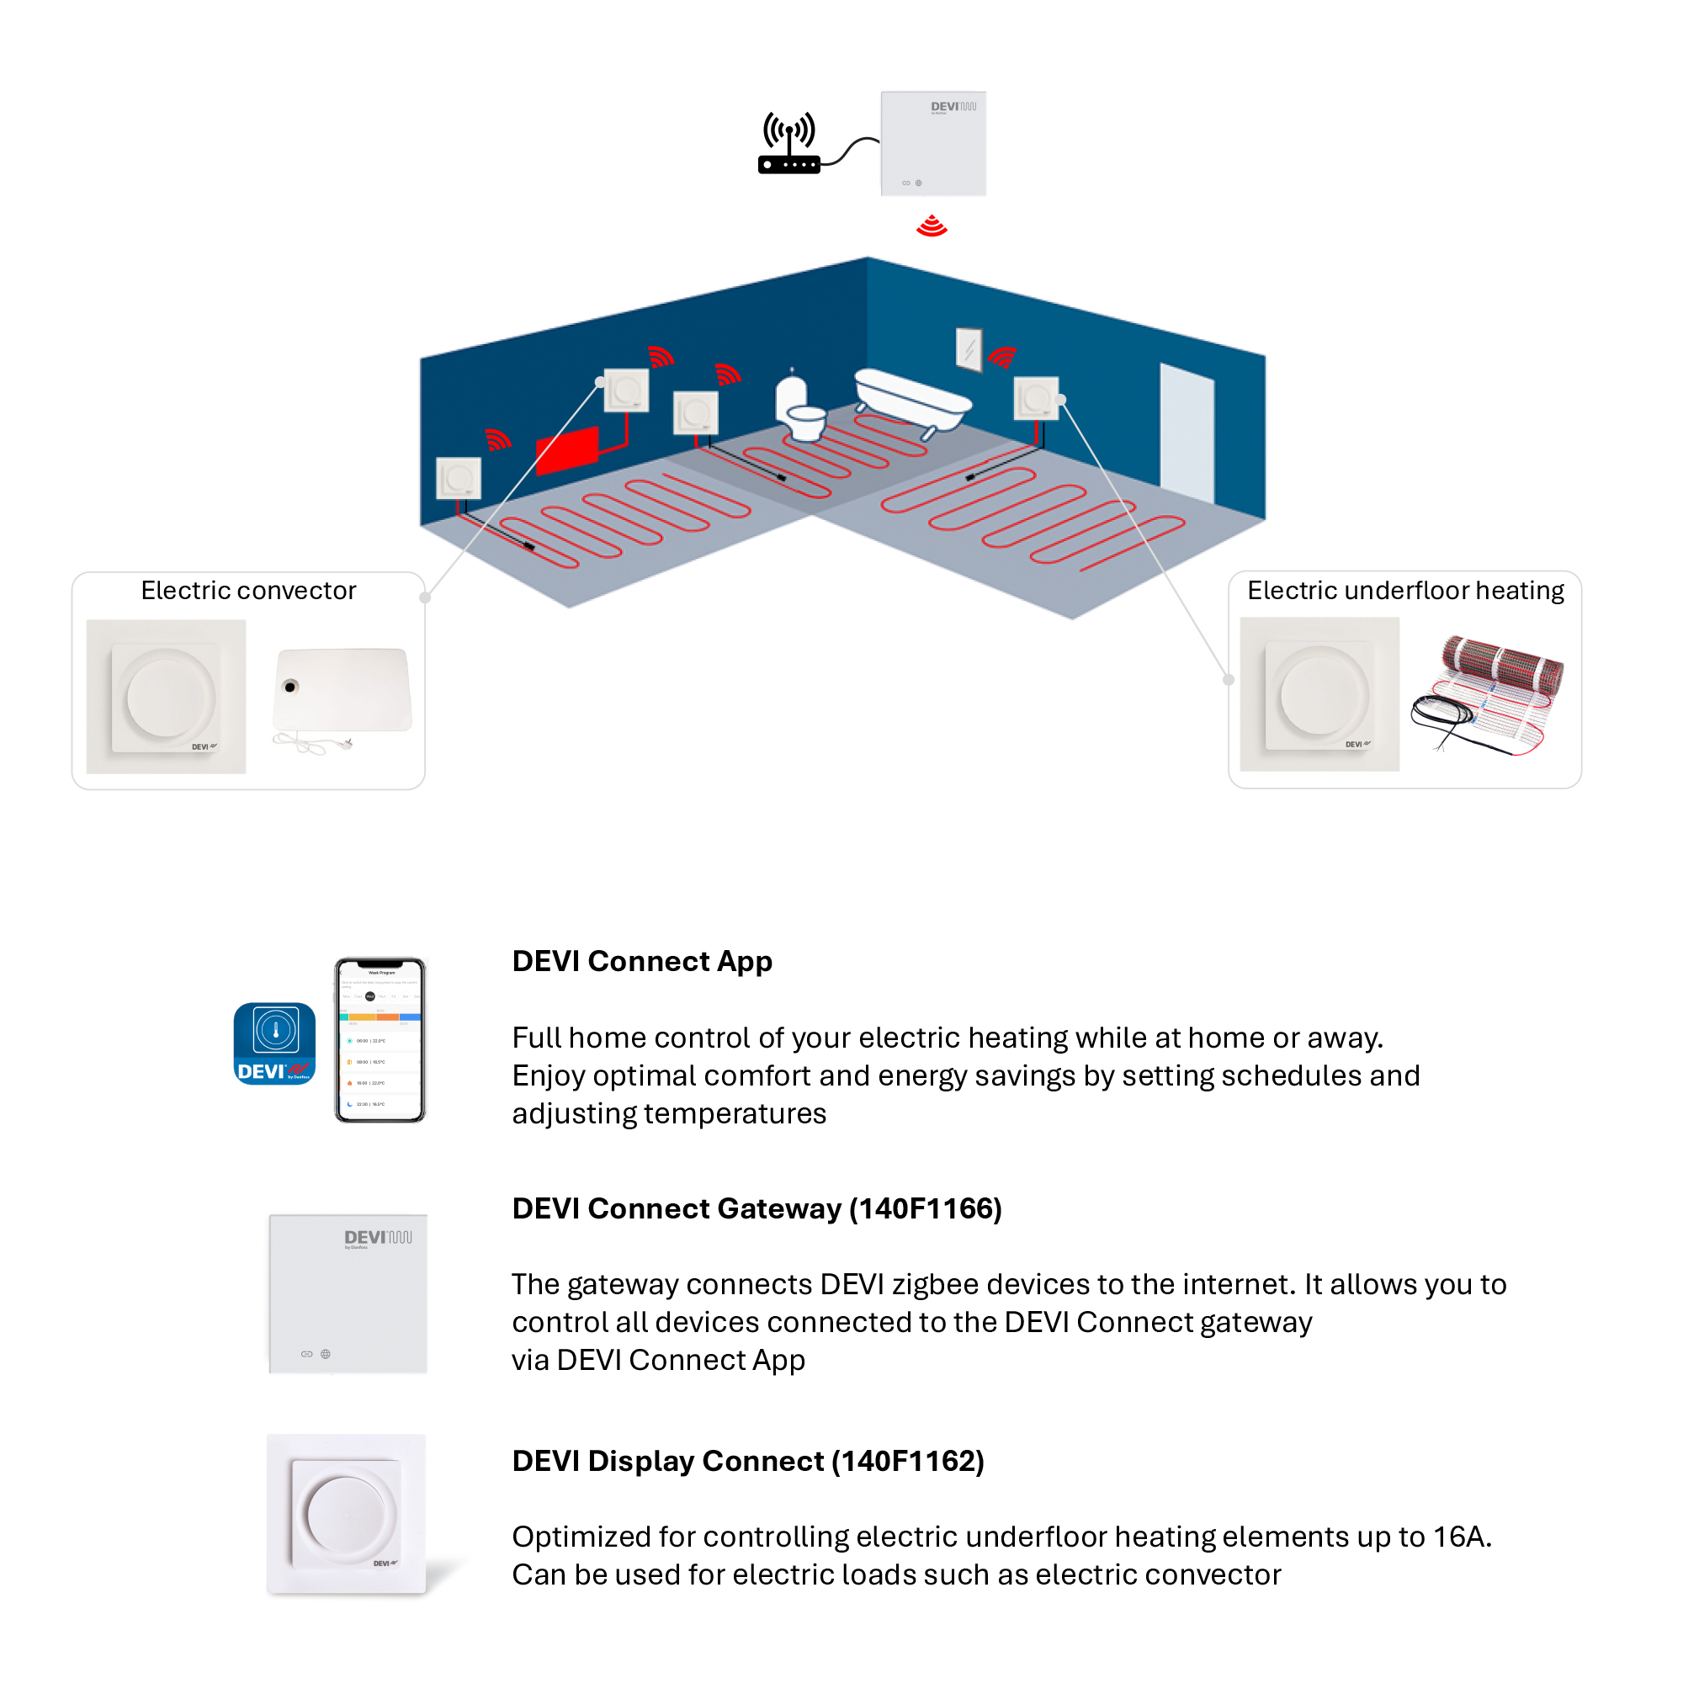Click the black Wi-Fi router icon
[789, 145]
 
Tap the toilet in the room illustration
[797, 410]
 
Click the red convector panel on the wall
[567, 449]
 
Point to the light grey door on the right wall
[1187, 433]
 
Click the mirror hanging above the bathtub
[969, 348]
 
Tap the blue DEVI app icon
[274, 1043]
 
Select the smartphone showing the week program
[380, 1040]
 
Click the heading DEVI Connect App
[642, 961]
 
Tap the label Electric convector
[248, 591]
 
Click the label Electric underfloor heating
[1405, 591]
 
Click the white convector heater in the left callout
[342, 690]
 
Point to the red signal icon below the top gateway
[932, 226]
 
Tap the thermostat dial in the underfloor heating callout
[1319, 694]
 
